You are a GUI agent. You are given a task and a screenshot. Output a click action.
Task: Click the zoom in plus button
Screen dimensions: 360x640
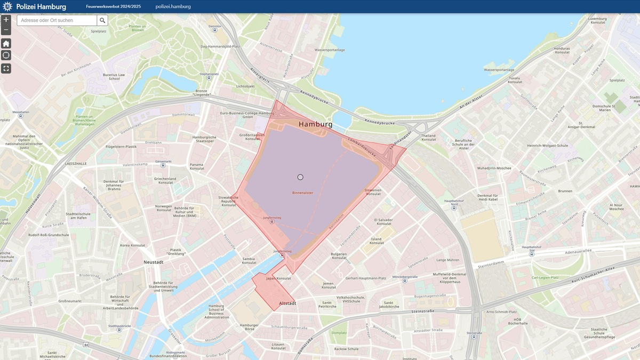(6, 19)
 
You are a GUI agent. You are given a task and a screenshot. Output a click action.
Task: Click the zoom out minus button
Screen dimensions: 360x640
(6, 30)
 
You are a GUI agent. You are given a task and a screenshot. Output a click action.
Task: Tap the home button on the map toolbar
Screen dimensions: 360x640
(6, 43)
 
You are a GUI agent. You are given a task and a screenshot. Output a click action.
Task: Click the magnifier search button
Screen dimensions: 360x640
(102, 20)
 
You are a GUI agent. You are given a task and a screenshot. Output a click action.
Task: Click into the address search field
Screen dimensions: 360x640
(57, 20)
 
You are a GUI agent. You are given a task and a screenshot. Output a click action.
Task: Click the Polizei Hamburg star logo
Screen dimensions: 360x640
(7, 6)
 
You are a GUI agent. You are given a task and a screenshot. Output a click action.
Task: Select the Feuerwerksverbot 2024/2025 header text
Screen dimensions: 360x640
(114, 6)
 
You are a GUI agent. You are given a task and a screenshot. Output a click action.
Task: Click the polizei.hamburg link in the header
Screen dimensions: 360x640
(173, 6)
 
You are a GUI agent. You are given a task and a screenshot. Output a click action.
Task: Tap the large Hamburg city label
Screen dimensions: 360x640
(315, 124)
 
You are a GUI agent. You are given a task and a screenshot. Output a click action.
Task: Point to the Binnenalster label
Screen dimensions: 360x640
(302, 192)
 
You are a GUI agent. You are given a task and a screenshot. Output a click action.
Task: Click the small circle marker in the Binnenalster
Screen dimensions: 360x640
(300, 177)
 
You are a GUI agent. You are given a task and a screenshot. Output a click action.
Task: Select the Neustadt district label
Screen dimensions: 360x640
(153, 262)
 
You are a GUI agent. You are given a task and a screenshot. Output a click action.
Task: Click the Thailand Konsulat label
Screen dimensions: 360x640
(428, 138)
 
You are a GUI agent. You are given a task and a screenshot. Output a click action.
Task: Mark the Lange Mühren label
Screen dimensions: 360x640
(447, 260)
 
